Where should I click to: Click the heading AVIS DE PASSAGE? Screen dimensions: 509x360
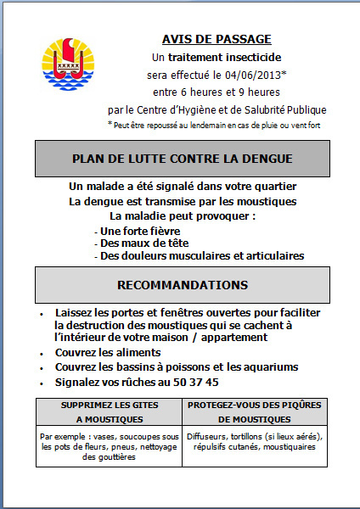[217, 39]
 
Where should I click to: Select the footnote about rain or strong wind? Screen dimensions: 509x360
[213, 126]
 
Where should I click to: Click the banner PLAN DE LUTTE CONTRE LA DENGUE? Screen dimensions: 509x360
[183, 159]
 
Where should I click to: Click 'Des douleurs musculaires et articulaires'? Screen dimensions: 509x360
[201, 255]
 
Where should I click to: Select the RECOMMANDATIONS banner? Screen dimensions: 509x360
[183, 284]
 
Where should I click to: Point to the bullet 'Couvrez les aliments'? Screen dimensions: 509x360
[108, 352]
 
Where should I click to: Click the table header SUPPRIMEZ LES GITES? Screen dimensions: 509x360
[110, 405]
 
